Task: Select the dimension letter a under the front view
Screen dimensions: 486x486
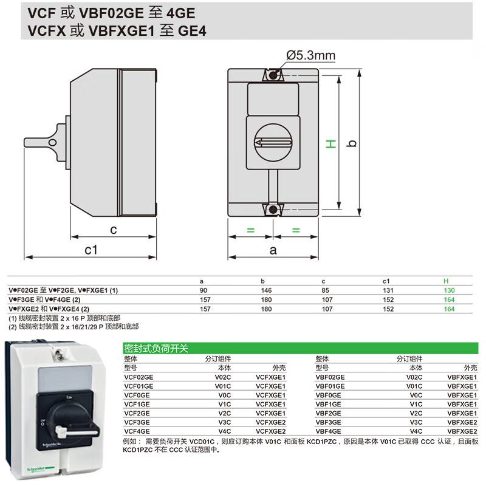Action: pos(273,250)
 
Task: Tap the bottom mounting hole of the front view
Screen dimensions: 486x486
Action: pos(273,210)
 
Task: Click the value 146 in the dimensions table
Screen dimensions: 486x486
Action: pos(266,290)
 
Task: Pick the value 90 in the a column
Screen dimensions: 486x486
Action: pos(203,290)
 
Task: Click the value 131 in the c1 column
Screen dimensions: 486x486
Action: pos(386,290)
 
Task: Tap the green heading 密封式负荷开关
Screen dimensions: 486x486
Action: pos(156,349)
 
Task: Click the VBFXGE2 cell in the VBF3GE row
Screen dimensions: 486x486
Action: pos(462,422)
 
